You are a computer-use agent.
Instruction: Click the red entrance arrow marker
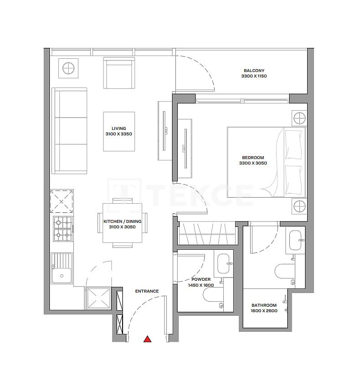tap(147, 339)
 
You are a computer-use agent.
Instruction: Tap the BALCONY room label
tap(254, 71)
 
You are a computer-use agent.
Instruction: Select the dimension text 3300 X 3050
tap(254, 163)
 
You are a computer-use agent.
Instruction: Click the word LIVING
tap(118, 129)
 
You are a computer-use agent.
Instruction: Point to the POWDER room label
tap(201, 279)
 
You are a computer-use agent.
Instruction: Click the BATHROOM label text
tap(264, 305)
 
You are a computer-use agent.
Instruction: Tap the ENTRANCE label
tap(147, 291)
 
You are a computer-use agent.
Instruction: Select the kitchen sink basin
tap(61, 275)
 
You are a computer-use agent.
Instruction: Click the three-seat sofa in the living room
tap(69, 131)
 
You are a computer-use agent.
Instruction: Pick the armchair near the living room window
tap(119, 72)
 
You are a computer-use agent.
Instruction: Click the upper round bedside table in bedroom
tap(299, 118)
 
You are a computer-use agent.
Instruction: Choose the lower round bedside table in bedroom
tap(299, 206)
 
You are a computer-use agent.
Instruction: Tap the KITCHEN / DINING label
tap(122, 221)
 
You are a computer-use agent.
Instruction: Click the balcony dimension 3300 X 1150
tap(254, 76)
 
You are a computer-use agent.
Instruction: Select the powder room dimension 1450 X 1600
tap(201, 285)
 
